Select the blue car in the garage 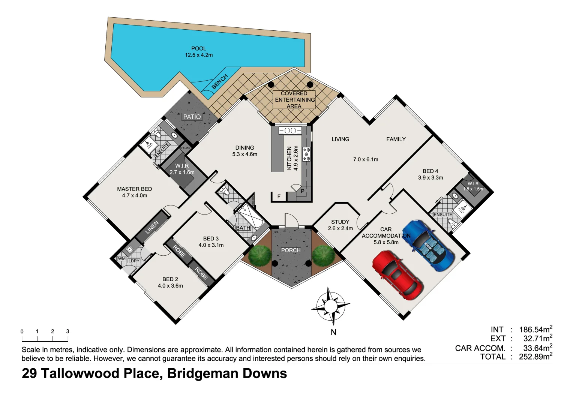pyautogui.click(x=428, y=245)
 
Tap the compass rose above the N pyautogui.click(x=330, y=306)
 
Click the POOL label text pyautogui.click(x=199, y=48)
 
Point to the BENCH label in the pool pyautogui.click(x=219, y=81)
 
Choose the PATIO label pyautogui.click(x=192, y=117)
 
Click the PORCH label pyautogui.click(x=291, y=250)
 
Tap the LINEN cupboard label pyautogui.click(x=152, y=227)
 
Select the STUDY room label pyautogui.click(x=340, y=222)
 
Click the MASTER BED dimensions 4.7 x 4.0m pyautogui.click(x=135, y=195)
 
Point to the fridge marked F pyautogui.click(x=279, y=196)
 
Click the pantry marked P pyautogui.click(x=303, y=191)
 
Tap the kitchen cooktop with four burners pyautogui.click(x=306, y=154)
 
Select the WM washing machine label pyautogui.click(x=121, y=259)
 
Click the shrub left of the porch pyautogui.click(x=259, y=255)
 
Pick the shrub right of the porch pyautogui.click(x=323, y=255)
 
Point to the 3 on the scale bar pyautogui.click(x=67, y=331)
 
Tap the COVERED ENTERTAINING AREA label pyautogui.click(x=294, y=100)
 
